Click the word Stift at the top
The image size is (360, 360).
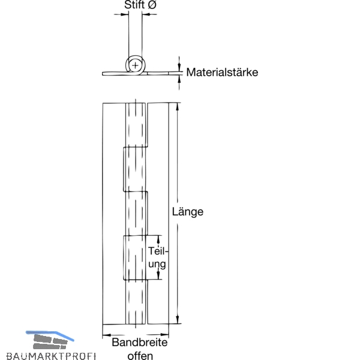134,5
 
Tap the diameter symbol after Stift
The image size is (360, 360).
152,5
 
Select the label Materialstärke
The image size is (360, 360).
222,72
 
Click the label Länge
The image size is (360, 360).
188,212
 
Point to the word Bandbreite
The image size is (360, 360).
140,343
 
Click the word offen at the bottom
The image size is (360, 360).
140,356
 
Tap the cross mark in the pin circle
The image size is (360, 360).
135,65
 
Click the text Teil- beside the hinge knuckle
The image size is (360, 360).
158,251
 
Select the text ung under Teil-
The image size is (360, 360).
157,264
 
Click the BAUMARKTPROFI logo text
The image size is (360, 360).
51,356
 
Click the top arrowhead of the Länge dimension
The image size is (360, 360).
177,107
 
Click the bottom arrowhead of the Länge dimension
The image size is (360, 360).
177,319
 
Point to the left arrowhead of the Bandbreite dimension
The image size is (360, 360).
107,335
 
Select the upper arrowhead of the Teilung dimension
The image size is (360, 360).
158,239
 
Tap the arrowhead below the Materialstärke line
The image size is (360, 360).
179,79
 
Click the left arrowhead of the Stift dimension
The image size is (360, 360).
124,14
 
